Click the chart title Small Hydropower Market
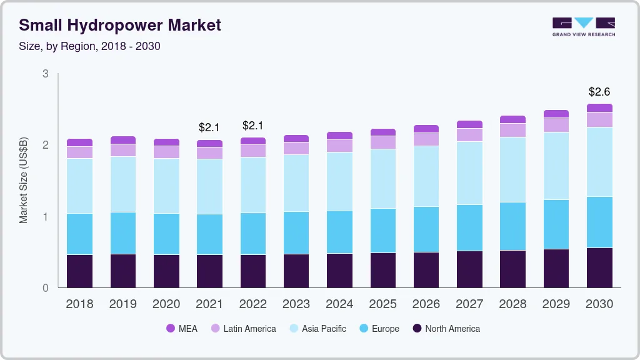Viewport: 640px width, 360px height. point(119,25)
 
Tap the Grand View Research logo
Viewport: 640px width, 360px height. point(583,26)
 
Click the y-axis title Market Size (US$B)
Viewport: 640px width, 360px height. point(24,181)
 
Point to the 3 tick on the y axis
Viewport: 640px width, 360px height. point(45,74)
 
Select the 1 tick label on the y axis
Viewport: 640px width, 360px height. point(45,217)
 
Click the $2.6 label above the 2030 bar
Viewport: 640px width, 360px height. point(599,92)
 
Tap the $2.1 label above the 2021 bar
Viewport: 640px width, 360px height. point(209,127)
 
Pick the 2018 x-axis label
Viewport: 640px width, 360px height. point(79,304)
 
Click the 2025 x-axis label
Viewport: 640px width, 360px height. point(382,304)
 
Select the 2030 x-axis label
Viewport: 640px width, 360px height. point(599,304)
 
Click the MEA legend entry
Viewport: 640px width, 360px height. point(181,329)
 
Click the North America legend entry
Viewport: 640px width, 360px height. point(446,329)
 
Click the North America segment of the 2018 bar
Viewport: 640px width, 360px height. point(79,271)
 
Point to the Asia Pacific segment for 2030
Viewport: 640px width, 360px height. point(599,162)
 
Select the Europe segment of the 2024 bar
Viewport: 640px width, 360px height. point(339,232)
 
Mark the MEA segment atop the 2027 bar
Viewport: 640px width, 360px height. point(469,124)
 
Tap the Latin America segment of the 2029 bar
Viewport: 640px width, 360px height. point(556,125)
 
